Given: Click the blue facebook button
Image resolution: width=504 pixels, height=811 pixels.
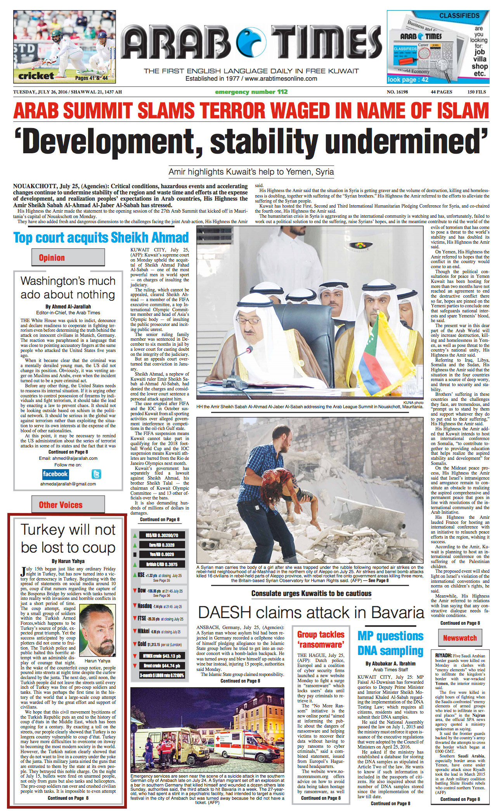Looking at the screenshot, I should [x=55, y=474].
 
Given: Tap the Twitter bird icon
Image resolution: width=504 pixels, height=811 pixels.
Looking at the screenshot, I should [x=96, y=474].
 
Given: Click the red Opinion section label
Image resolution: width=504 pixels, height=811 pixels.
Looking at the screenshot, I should [x=52, y=258].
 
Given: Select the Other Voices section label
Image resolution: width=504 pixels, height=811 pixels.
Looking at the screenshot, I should [x=61, y=505].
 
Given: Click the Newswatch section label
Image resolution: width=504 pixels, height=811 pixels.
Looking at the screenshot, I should [x=460, y=638].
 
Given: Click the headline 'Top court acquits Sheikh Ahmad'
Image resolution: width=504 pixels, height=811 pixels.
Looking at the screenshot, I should [x=101, y=237].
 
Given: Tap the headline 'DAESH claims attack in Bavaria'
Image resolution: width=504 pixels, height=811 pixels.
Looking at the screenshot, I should [x=311, y=612].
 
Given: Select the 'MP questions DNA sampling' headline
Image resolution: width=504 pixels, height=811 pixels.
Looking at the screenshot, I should [x=390, y=643].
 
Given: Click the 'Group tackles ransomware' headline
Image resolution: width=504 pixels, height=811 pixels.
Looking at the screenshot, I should [x=320, y=639].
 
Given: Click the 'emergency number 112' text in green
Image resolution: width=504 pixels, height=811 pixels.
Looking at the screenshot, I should [x=251, y=92].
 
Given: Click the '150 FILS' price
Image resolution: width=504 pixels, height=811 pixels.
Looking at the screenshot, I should [x=476, y=92].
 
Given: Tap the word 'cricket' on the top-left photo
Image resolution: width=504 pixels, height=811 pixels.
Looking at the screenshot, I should [x=36, y=76].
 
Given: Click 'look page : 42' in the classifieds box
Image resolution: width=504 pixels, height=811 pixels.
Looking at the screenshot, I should [x=408, y=80].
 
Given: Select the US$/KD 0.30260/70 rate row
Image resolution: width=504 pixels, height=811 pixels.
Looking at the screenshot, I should [x=162, y=535].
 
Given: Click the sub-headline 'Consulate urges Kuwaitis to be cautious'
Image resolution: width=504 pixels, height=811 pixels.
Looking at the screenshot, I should [x=311, y=593].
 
